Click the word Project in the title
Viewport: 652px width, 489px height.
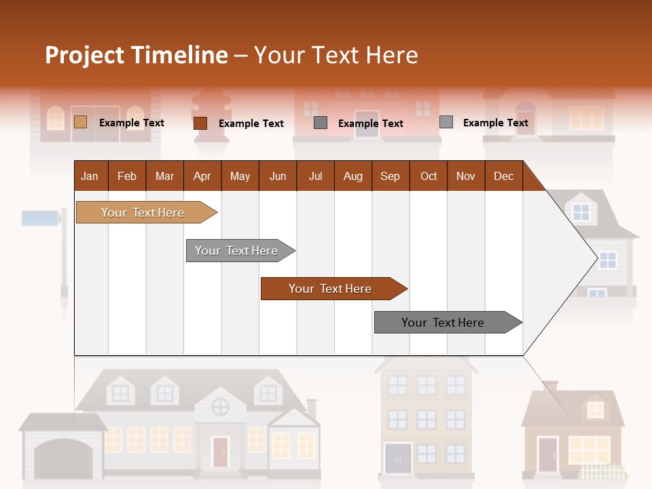(x=84, y=55)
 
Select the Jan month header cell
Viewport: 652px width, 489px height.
(x=90, y=176)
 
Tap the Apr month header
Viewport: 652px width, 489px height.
(x=202, y=176)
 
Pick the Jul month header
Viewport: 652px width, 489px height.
(x=315, y=176)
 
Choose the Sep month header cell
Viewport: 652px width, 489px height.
(x=390, y=176)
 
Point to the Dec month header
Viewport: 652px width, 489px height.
(x=503, y=176)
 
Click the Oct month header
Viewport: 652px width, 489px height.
(x=429, y=176)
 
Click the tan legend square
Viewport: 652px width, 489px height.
(x=80, y=122)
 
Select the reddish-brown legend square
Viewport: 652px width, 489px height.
(x=200, y=123)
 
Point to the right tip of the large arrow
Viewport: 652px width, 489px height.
(x=596, y=257)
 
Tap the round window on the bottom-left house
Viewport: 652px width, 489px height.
(x=220, y=407)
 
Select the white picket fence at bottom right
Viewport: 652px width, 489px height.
(x=603, y=473)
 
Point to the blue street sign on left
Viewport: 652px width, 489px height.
(x=40, y=218)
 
